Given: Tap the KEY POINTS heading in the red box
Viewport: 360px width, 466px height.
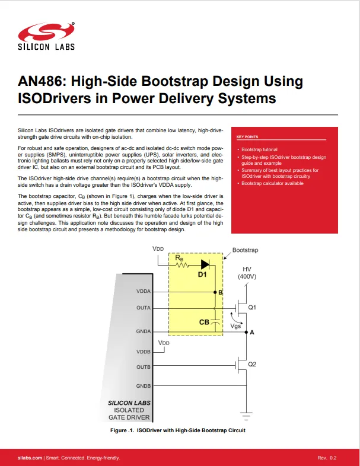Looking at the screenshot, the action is coord(247,137).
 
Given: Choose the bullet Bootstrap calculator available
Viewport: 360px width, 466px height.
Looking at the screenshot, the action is coord(272,183).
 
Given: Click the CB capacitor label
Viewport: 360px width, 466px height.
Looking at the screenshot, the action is coord(204,322).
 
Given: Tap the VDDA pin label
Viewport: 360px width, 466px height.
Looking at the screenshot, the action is coord(143,292).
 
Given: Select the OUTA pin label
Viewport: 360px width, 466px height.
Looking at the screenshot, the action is coord(143,308).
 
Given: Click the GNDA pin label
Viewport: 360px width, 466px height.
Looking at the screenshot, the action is coord(143,331).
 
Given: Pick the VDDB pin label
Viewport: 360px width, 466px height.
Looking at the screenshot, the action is coord(143,352).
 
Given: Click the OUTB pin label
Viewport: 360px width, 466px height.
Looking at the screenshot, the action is coord(143,367).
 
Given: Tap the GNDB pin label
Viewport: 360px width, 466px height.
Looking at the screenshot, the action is coord(143,386).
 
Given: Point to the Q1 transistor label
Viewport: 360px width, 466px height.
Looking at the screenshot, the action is coord(252,307).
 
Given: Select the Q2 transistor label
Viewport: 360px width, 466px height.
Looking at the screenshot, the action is coord(252,363).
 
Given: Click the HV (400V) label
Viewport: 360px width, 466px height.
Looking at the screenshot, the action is coord(247,273).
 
